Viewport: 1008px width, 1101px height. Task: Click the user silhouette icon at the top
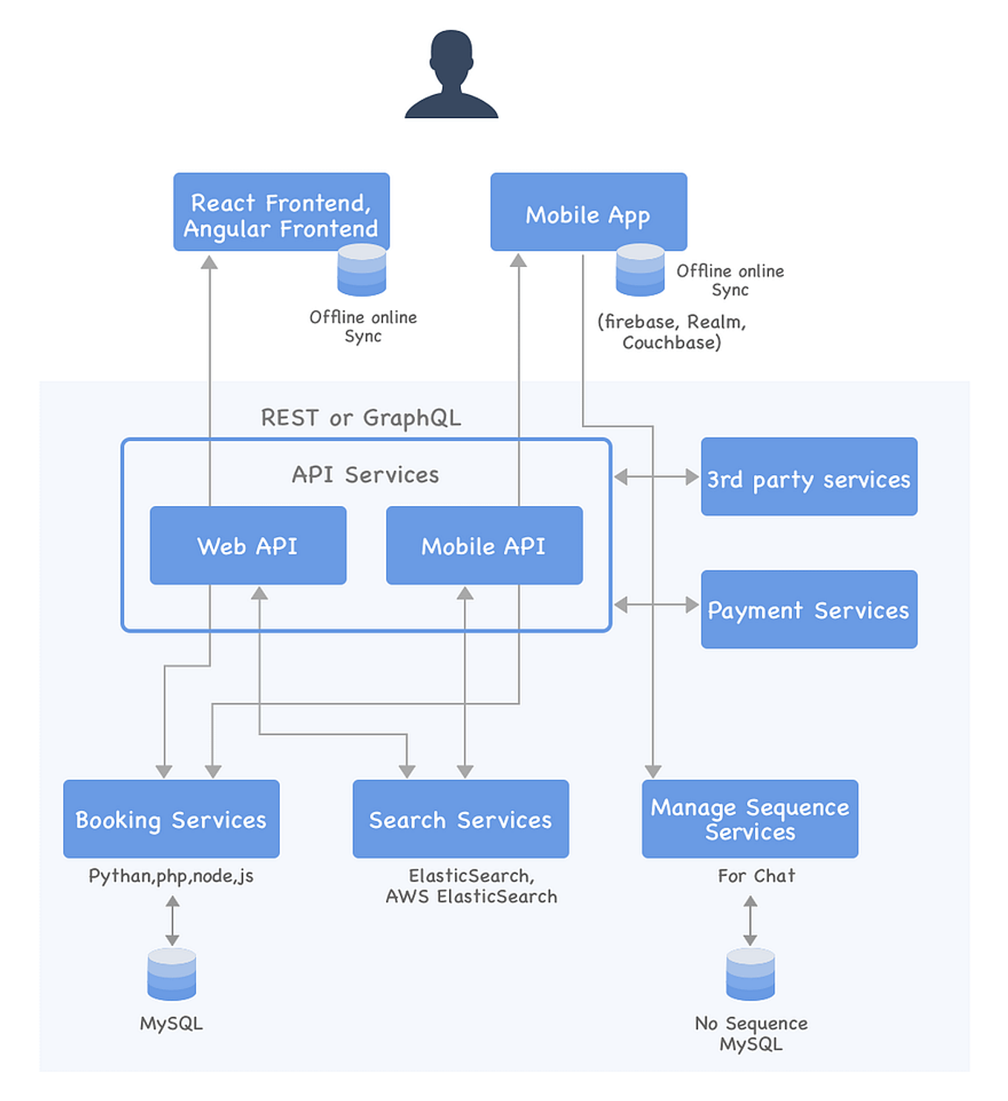[x=451, y=75]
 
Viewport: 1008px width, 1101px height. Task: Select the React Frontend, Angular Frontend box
[x=281, y=212]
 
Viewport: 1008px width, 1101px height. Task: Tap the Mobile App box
[x=588, y=212]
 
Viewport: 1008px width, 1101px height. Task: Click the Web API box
[x=248, y=545]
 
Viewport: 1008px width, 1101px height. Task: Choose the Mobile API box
[x=484, y=545]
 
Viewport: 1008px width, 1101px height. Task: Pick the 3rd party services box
[x=808, y=476]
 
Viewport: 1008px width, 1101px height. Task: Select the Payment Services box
[x=808, y=609]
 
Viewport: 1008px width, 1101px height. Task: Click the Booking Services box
[x=171, y=818]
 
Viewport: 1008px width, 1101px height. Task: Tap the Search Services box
[x=460, y=818]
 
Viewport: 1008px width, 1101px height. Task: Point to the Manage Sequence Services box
[x=750, y=818]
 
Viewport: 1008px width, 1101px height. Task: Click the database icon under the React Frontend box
[x=361, y=270]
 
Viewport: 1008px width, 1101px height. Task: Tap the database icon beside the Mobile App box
[x=640, y=270]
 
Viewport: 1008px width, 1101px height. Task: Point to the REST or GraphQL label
[x=361, y=418]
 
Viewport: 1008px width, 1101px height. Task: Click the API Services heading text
[x=365, y=475]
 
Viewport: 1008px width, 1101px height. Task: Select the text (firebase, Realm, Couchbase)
[x=672, y=332]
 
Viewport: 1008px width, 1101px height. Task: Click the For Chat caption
[x=756, y=876]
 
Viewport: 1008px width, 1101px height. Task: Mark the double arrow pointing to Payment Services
[x=656, y=605]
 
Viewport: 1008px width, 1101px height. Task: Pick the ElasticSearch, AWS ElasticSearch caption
[x=471, y=886]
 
